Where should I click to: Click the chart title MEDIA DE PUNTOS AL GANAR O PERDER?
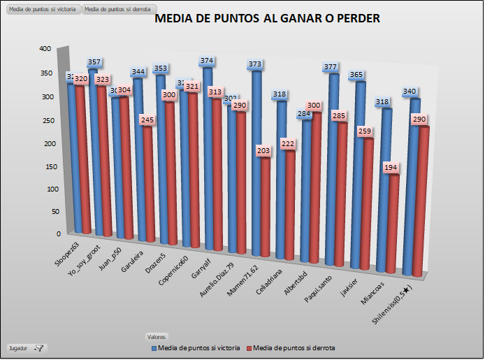tap(267, 20)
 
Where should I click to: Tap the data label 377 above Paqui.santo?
tap(331, 68)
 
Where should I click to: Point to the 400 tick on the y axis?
tap(45, 49)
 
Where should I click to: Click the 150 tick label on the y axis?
tap(45, 166)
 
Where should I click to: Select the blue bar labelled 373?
tap(256, 161)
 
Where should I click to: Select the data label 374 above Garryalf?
tap(207, 62)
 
